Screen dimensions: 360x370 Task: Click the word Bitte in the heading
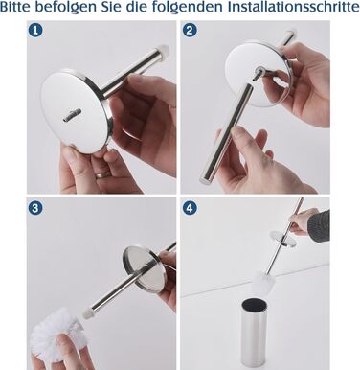pos(16,7)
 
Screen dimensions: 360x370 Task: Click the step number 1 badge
pos(35,31)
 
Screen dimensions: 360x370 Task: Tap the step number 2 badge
pos(190,31)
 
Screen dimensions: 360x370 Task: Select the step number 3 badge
pos(35,208)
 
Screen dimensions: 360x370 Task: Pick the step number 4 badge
pos(190,208)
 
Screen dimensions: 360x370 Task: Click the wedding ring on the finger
pos(103,174)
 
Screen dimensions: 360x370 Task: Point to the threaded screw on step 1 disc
pos(73,115)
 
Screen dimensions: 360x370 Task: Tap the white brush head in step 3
pos(52,333)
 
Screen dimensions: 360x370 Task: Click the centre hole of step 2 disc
pos(259,69)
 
